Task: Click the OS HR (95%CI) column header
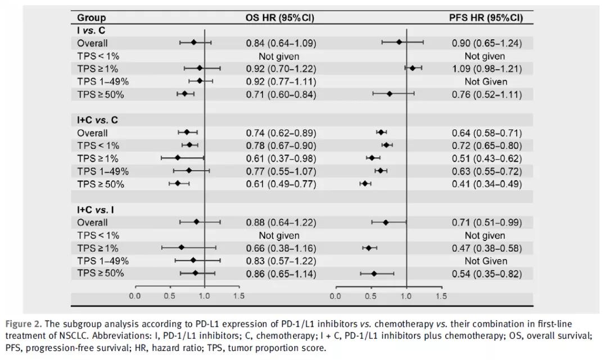pyautogui.click(x=280, y=18)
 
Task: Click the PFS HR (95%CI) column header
pyautogui.click(x=486, y=18)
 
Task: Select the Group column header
pyautogui.click(x=91, y=18)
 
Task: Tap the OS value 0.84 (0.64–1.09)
pyautogui.click(x=280, y=43)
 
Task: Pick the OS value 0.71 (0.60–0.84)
pyautogui.click(x=280, y=94)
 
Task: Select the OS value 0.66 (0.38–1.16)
pyautogui.click(x=280, y=248)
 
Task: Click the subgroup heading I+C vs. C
pyautogui.click(x=98, y=120)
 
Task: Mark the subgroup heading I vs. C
pyautogui.click(x=91, y=30)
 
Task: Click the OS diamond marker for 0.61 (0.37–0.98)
pyautogui.click(x=178, y=158)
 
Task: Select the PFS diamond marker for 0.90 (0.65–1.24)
pyautogui.click(x=400, y=42)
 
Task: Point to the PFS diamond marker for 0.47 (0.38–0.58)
pyautogui.click(x=369, y=247)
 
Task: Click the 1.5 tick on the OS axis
pyautogui.click(x=239, y=296)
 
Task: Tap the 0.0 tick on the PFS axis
pyautogui.click(x=336, y=296)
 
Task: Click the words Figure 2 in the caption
pyautogui.click(x=22, y=325)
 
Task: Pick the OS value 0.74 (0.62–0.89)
pyautogui.click(x=280, y=133)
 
